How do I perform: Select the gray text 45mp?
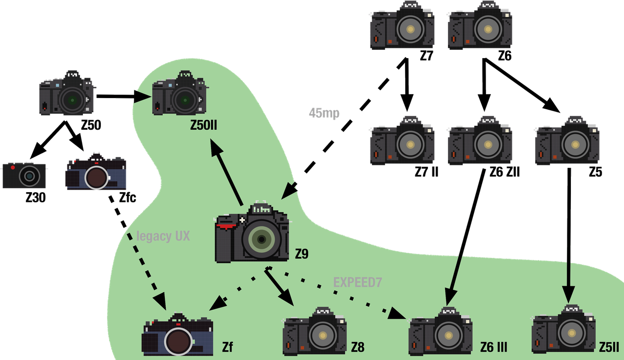324,113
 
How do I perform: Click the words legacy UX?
163,237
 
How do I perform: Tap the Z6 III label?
493,347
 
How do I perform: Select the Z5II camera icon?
564,329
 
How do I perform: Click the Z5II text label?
609,347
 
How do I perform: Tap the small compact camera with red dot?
24,175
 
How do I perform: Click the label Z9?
302,254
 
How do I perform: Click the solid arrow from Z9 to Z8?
282,287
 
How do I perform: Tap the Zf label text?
227,347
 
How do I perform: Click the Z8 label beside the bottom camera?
358,347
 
